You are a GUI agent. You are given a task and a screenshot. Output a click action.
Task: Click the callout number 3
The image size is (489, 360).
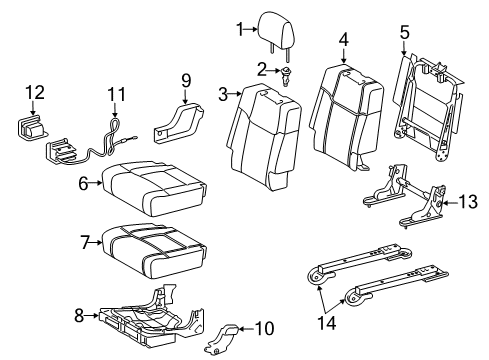coord(225,93)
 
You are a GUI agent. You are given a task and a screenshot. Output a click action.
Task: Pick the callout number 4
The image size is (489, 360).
coord(342,40)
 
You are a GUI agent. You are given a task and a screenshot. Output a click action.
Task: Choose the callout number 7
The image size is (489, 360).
coord(87,240)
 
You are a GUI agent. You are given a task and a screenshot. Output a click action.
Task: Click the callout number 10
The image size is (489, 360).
coord(264,327)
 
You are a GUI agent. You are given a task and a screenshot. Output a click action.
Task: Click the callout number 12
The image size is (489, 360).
coord(35,93)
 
